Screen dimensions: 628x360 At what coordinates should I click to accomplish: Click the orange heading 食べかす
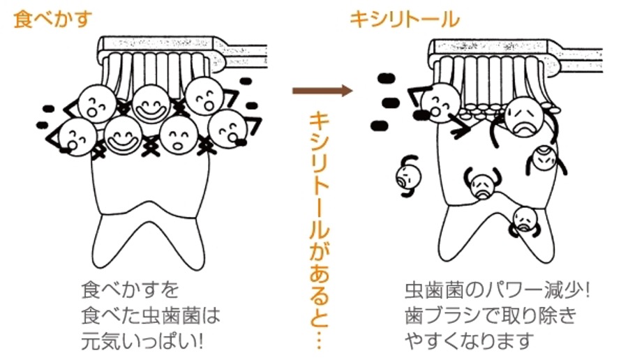pos(52,20)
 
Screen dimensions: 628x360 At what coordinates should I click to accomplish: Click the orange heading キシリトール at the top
pos(405,20)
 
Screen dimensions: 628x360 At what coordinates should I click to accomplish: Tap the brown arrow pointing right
pos(322,91)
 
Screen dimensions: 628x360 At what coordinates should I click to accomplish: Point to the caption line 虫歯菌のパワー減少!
pos(497,290)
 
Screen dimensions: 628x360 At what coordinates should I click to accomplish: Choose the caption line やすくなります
pos(470,341)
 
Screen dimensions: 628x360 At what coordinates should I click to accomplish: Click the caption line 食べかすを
pos(130,290)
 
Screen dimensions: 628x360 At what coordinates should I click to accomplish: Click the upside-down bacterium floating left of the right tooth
pos(408,177)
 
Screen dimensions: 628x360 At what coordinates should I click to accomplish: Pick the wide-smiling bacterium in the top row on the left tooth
pos(151,103)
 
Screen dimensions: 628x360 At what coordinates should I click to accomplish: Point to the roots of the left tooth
pos(149,239)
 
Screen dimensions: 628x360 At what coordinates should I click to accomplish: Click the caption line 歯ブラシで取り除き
pos(491,315)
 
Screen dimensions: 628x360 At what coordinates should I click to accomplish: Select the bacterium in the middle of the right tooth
pos(482,183)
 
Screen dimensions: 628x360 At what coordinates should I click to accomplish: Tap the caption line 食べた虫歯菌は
pos(151,315)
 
